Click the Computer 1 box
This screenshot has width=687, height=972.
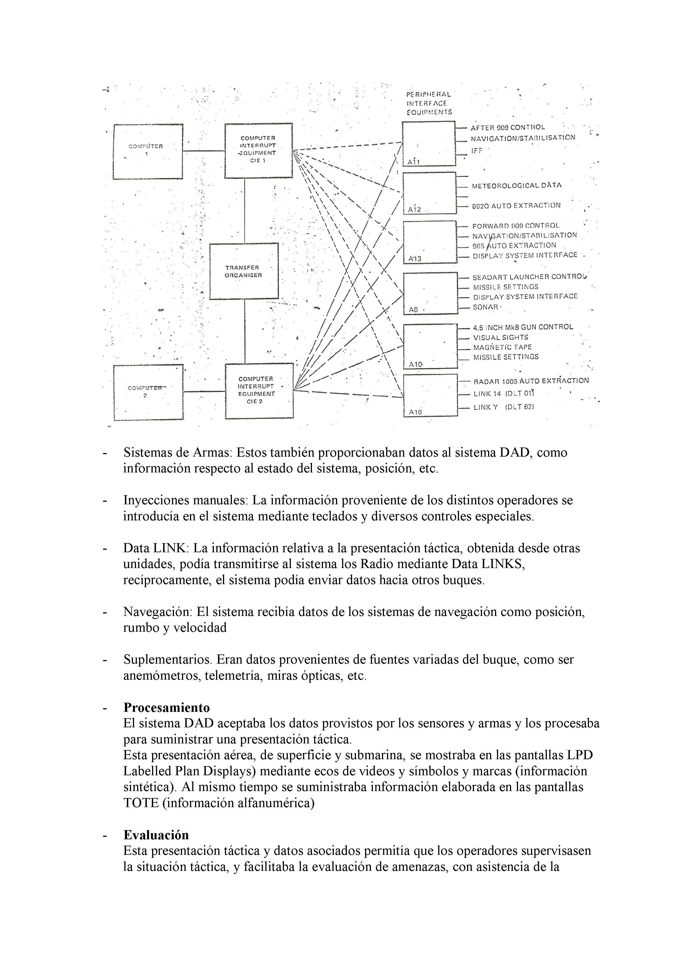pos(148,152)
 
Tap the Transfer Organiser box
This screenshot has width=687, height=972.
pos(244,271)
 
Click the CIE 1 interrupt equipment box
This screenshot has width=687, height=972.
pos(258,150)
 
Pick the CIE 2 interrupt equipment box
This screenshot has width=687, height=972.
pos(259,391)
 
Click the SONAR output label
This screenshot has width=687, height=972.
pos(486,307)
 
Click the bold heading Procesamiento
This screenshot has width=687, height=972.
pos(166,707)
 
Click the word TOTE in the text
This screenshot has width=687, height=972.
pos(141,803)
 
